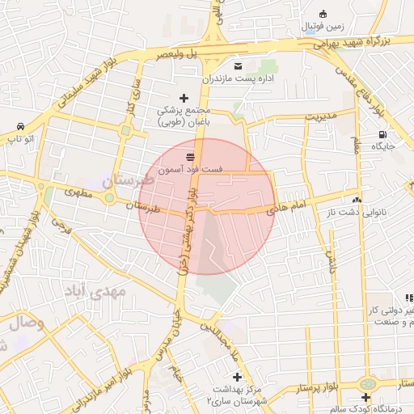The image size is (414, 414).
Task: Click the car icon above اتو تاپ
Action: [x=19, y=127]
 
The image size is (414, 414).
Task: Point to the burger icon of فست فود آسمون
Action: [x=190, y=156]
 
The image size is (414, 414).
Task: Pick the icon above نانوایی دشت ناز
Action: [x=357, y=199]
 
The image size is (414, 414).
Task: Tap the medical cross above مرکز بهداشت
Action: [x=237, y=377]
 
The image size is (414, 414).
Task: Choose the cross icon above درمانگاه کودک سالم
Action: [x=366, y=398]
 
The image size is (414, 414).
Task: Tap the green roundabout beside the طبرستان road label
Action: [x=109, y=197]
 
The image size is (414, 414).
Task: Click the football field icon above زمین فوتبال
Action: [x=323, y=13]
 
